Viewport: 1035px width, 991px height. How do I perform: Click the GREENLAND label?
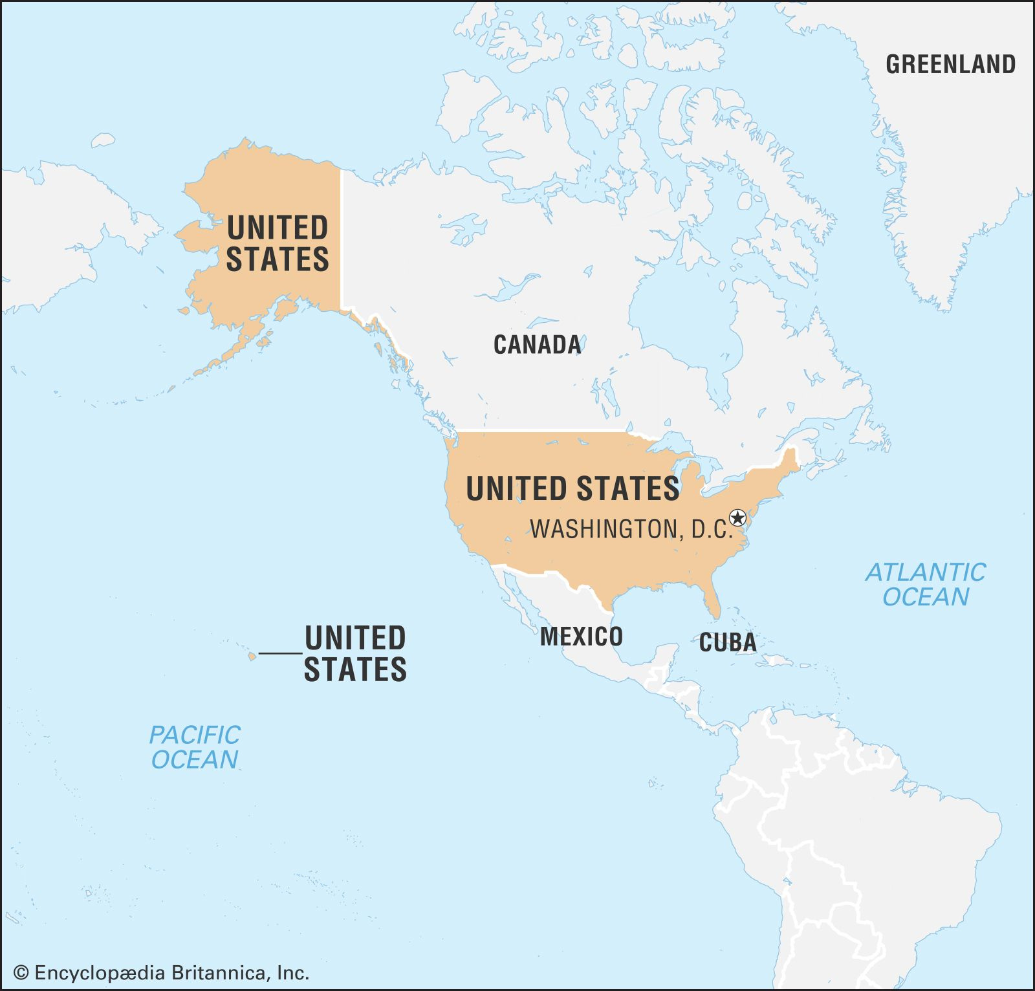point(950,65)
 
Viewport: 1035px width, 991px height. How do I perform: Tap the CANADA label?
point(537,345)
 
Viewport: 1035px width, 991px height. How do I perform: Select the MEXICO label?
point(581,637)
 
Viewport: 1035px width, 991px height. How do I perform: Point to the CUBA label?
point(728,643)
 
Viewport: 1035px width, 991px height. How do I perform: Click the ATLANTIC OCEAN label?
point(926,585)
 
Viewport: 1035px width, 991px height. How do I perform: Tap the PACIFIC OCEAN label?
point(195,747)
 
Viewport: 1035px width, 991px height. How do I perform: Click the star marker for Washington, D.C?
point(737,517)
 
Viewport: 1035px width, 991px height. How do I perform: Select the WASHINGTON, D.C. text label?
point(631,530)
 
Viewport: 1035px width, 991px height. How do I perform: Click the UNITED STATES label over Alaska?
point(278,244)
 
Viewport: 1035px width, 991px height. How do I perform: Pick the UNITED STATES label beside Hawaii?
point(355,653)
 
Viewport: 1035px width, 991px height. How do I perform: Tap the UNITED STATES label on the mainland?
point(572,488)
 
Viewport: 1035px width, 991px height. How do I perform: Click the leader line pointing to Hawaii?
point(281,653)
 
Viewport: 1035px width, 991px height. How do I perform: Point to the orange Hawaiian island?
point(252,657)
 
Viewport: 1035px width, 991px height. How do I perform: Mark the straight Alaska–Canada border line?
point(341,239)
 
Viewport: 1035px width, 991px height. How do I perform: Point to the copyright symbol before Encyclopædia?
point(21,973)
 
